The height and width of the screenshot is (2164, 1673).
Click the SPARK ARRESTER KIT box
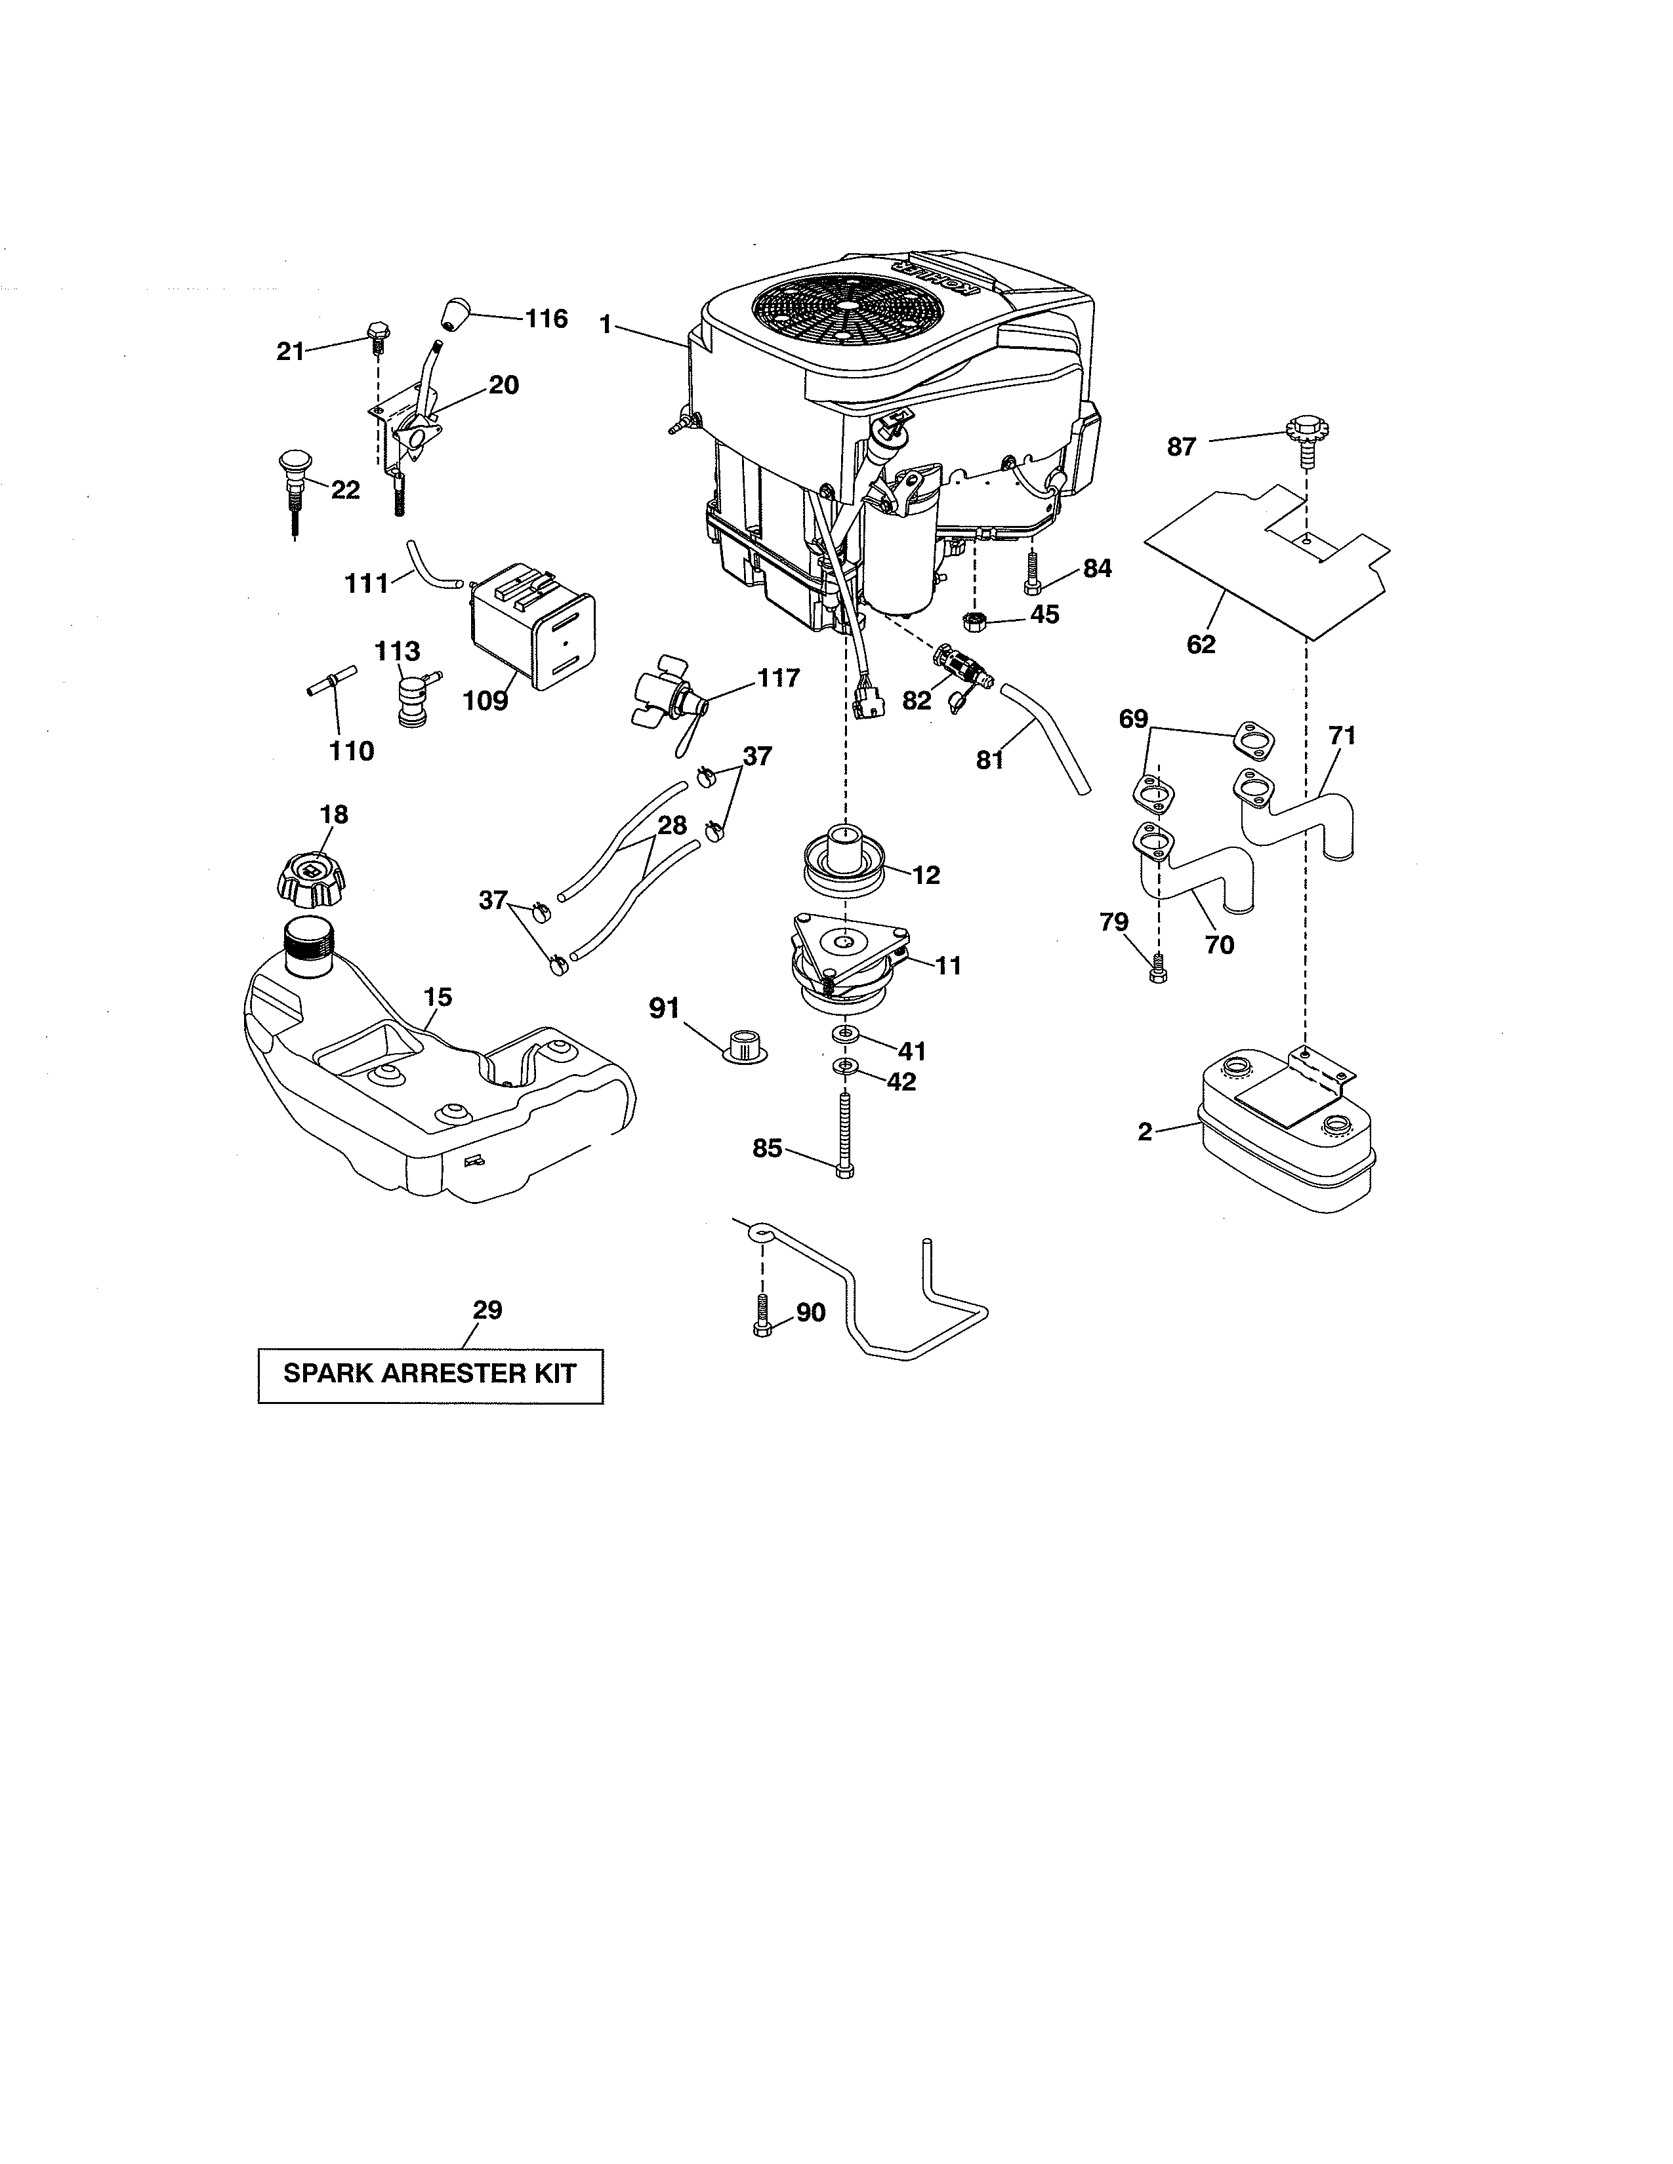point(430,1375)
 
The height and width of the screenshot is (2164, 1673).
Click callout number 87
point(1182,447)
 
